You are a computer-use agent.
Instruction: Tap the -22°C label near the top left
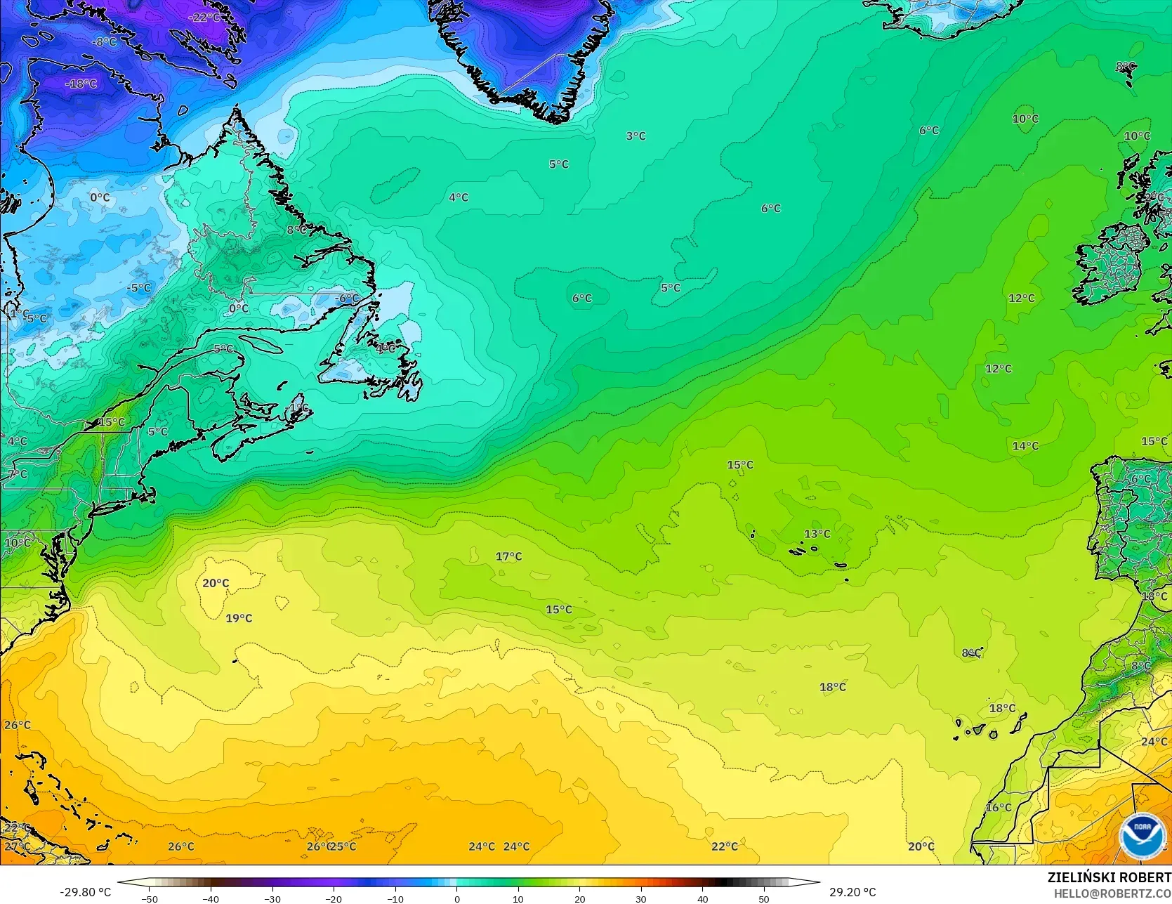pyautogui.click(x=206, y=18)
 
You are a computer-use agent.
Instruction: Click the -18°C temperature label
pyautogui.click(x=81, y=84)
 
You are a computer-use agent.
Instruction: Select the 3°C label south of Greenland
pyautogui.click(x=636, y=136)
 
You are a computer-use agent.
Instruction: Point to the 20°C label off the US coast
pyautogui.click(x=216, y=583)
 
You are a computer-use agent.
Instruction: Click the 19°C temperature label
pyautogui.click(x=239, y=618)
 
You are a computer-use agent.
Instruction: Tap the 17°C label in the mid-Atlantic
pyautogui.click(x=509, y=556)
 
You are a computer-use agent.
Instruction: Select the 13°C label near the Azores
pyautogui.click(x=817, y=534)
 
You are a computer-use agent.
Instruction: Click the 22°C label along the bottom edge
pyautogui.click(x=725, y=846)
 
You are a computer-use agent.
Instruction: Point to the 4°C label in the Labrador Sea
pyautogui.click(x=459, y=198)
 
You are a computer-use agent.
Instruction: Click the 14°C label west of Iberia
pyautogui.click(x=1025, y=446)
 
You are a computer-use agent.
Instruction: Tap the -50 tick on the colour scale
pyautogui.click(x=150, y=898)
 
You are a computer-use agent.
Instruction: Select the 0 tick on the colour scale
pyautogui.click(x=457, y=898)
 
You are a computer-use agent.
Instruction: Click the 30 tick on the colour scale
pyautogui.click(x=641, y=898)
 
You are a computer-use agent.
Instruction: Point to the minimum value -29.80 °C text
pyautogui.click(x=86, y=892)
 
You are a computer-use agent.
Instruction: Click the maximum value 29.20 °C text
pyautogui.click(x=852, y=892)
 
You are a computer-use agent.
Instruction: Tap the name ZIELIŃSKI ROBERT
pyautogui.click(x=1109, y=877)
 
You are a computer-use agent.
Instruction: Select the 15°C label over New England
pyautogui.click(x=112, y=422)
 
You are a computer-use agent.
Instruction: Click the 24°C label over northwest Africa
pyautogui.click(x=1154, y=742)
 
